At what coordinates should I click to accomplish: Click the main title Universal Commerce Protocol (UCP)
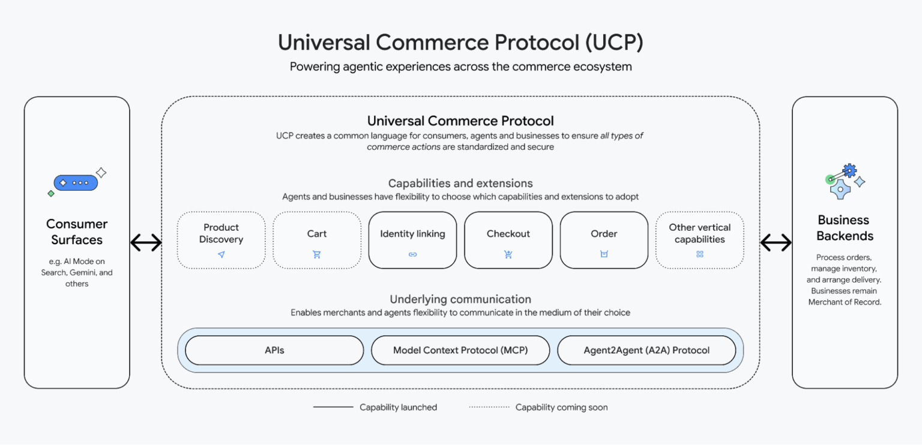pyautogui.click(x=460, y=43)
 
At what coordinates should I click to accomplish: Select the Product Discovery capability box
pyautogui.click(x=221, y=240)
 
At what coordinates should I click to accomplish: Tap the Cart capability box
pyautogui.click(x=316, y=240)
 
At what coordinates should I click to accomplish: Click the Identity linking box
pyautogui.click(x=412, y=240)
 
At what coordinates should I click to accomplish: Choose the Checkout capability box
pyautogui.click(x=508, y=240)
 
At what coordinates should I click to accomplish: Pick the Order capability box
pyautogui.click(x=604, y=240)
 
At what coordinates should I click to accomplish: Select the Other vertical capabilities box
pyautogui.click(x=699, y=240)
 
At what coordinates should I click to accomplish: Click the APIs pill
pyautogui.click(x=274, y=350)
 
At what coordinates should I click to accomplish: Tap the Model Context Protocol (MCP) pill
pyautogui.click(x=460, y=350)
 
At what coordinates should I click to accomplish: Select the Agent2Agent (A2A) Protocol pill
pyautogui.click(x=646, y=350)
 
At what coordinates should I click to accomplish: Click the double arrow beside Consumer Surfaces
pyautogui.click(x=146, y=242)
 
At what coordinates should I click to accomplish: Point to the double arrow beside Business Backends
pyautogui.click(x=776, y=242)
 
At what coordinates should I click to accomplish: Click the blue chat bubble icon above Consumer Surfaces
pyautogui.click(x=76, y=182)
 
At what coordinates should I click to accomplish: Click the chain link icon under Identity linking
pyautogui.click(x=412, y=254)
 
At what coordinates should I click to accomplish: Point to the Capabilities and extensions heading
pyautogui.click(x=460, y=184)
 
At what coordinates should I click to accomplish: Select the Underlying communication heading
pyautogui.click(x=460, y=299)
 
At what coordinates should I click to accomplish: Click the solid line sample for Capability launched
pyautogui.click(x=333, y=407)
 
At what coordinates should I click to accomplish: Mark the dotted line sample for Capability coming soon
pyautogui.click(x=489, y=407)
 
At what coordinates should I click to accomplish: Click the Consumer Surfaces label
pyautogui.click(x=77, y=232)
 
